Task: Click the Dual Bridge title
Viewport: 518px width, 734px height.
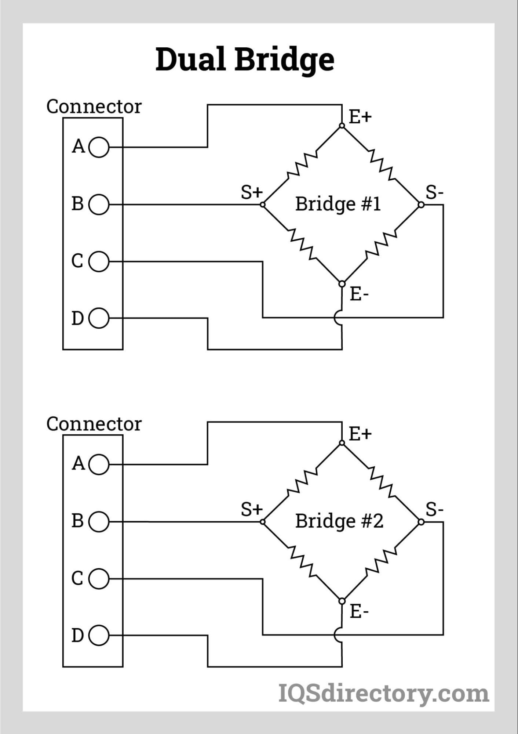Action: (x=245, y=60)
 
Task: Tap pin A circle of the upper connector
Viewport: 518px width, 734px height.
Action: (x=99, y=147)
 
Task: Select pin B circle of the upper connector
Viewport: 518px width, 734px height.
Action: (x=99, y=205)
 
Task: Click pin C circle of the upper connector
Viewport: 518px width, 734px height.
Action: (x=99, y=261)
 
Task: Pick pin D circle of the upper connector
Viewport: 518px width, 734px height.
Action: (x=99, y=318)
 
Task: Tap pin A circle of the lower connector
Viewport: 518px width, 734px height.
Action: (x=99, y=464)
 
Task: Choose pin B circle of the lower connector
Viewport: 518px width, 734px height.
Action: (x=99, y=522)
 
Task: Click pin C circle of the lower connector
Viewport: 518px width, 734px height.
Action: (x=99, y=579)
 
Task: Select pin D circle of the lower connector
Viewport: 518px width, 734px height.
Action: (x=99, y=635)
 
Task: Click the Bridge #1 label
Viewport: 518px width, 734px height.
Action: (x=338, y=204)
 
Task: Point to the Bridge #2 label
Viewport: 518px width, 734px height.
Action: (x=339, y=521)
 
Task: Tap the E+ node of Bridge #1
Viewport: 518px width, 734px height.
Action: (x=342, y=126)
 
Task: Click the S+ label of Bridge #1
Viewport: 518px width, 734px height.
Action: (x=252, y=192)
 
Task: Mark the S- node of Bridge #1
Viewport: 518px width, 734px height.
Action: (x=421, y=205)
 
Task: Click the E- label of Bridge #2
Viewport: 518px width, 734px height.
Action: (x=359, y=611)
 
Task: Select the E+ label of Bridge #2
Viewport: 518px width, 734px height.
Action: (x=360, y=434)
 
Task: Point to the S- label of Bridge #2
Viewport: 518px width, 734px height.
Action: (x=434, y=510)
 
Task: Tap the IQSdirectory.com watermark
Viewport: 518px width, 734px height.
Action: (x=383, y=694)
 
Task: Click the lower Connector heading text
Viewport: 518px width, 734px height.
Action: (x=94, y=424)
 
